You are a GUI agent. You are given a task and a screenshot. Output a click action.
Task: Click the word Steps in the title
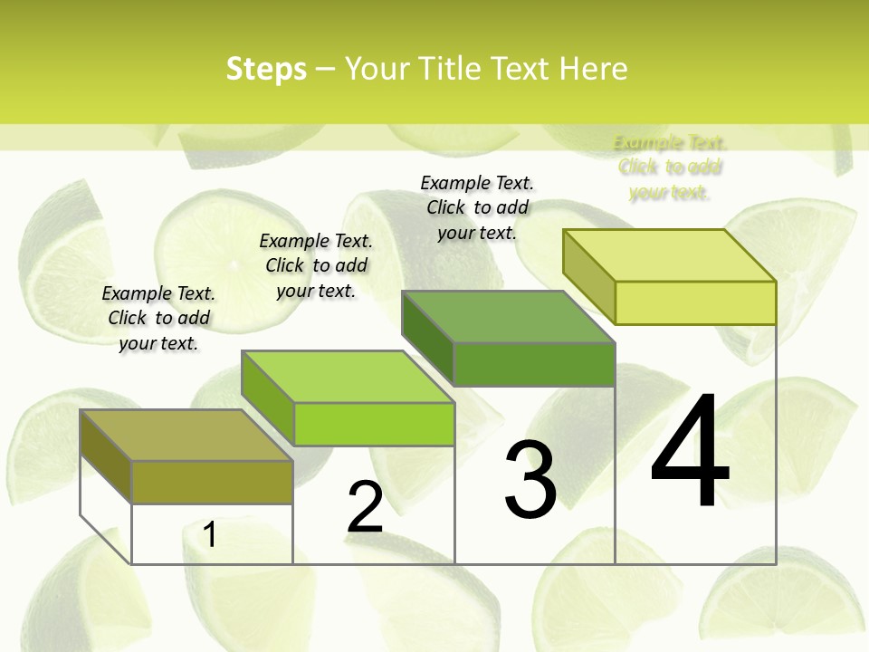coord(266,69)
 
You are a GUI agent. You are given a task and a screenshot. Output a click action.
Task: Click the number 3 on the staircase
coord(530,480)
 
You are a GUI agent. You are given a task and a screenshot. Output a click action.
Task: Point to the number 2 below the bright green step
coord(365,507)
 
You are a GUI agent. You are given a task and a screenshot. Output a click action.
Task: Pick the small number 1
coord(209,534)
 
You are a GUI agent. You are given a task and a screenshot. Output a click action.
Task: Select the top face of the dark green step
coord(508,316)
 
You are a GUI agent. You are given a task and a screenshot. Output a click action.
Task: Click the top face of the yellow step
coord(669,254)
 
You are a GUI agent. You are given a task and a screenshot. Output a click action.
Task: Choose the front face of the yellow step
coord(695,302)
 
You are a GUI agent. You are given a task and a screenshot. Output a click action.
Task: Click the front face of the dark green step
coord(534,364)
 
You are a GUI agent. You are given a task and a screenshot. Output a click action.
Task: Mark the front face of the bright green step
coord(374,424)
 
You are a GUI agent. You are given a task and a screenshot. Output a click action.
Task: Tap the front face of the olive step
coord(213,482)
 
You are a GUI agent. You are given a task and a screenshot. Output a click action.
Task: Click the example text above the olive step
coord(158,318)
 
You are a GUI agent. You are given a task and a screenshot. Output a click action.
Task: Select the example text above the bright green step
coord(316,265)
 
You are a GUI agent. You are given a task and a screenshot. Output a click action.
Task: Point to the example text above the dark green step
coord(477,207)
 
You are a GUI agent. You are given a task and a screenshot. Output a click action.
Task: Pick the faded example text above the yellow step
coord(670,168)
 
